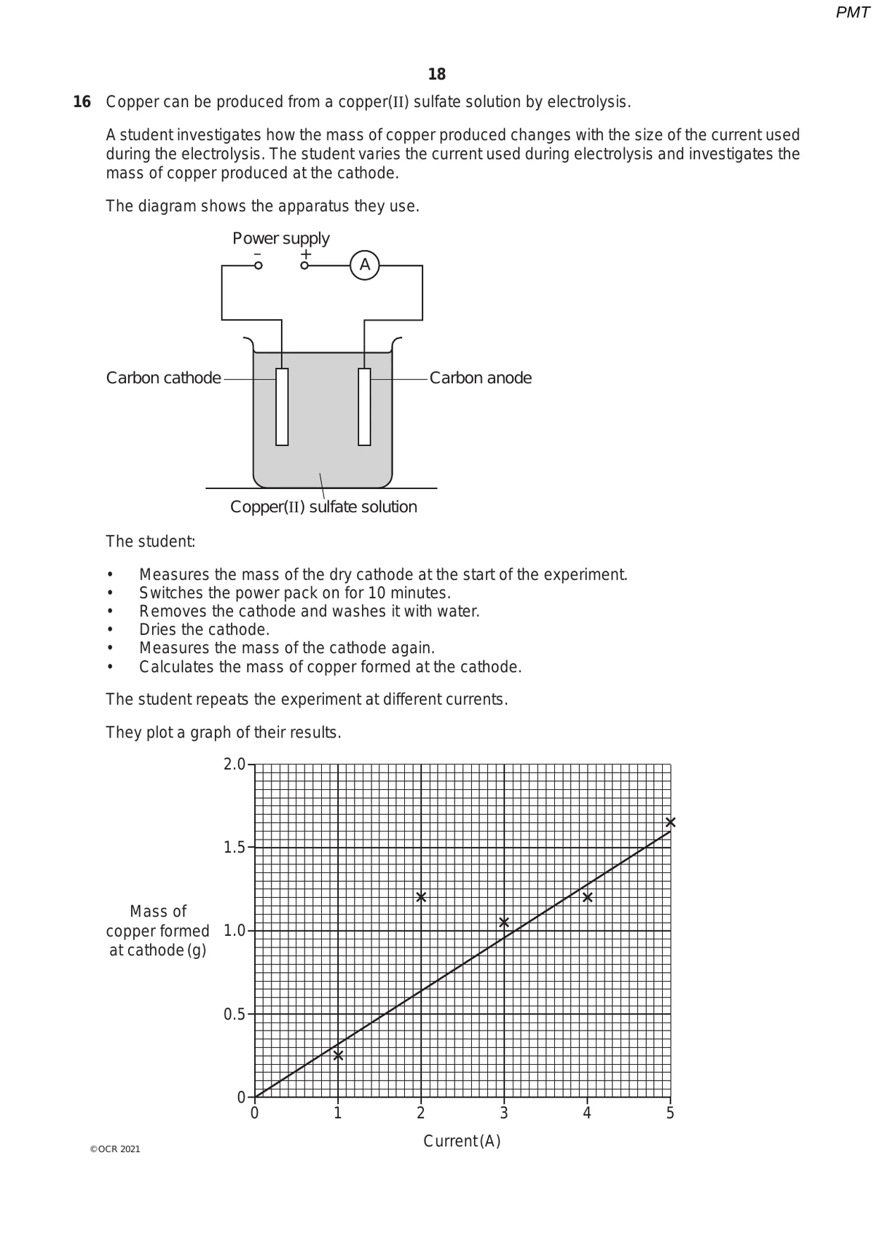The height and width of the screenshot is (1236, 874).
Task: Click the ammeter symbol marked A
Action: click(x=365, y=265)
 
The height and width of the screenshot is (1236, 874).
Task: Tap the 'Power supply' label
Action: click(x=281, y=238)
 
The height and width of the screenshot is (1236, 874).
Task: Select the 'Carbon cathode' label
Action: click(x=163, y=378)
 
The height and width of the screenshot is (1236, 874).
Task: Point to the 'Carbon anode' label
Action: click(x=481, y=378)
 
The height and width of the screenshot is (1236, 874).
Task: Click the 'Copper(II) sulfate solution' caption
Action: click(x=323, y=507)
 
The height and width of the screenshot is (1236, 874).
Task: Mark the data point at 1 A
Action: click(x=338, y=1055)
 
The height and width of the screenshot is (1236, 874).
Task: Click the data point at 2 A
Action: click(x=421, y=897)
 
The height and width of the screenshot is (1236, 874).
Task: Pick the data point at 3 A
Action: click(x=504, y=923)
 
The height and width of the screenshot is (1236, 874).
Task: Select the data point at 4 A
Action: click(x=588, y=897)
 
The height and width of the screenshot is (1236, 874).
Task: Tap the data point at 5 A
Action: click(x=671, y=822)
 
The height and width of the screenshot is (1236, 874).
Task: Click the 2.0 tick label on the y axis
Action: click(x=235, y=764)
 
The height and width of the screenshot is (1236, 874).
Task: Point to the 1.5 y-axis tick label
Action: click(x=235, y=848)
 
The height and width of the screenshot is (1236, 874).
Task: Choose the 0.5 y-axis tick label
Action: click(x=235, y=1014)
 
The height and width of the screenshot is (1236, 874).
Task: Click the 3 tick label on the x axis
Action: click(x=504, y=1114)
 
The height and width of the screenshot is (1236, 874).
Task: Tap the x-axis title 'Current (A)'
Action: click(x=462, y=1141)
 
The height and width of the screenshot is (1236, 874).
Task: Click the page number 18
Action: click(x=437, y=74)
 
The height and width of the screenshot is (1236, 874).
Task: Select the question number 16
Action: click(x=82, y=102)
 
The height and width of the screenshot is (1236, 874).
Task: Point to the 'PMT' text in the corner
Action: click(x=852, y=12)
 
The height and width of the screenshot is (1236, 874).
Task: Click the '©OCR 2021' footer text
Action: click(x=115, y=1149)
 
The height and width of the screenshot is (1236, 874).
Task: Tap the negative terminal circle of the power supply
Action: click(x=258, y=266)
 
